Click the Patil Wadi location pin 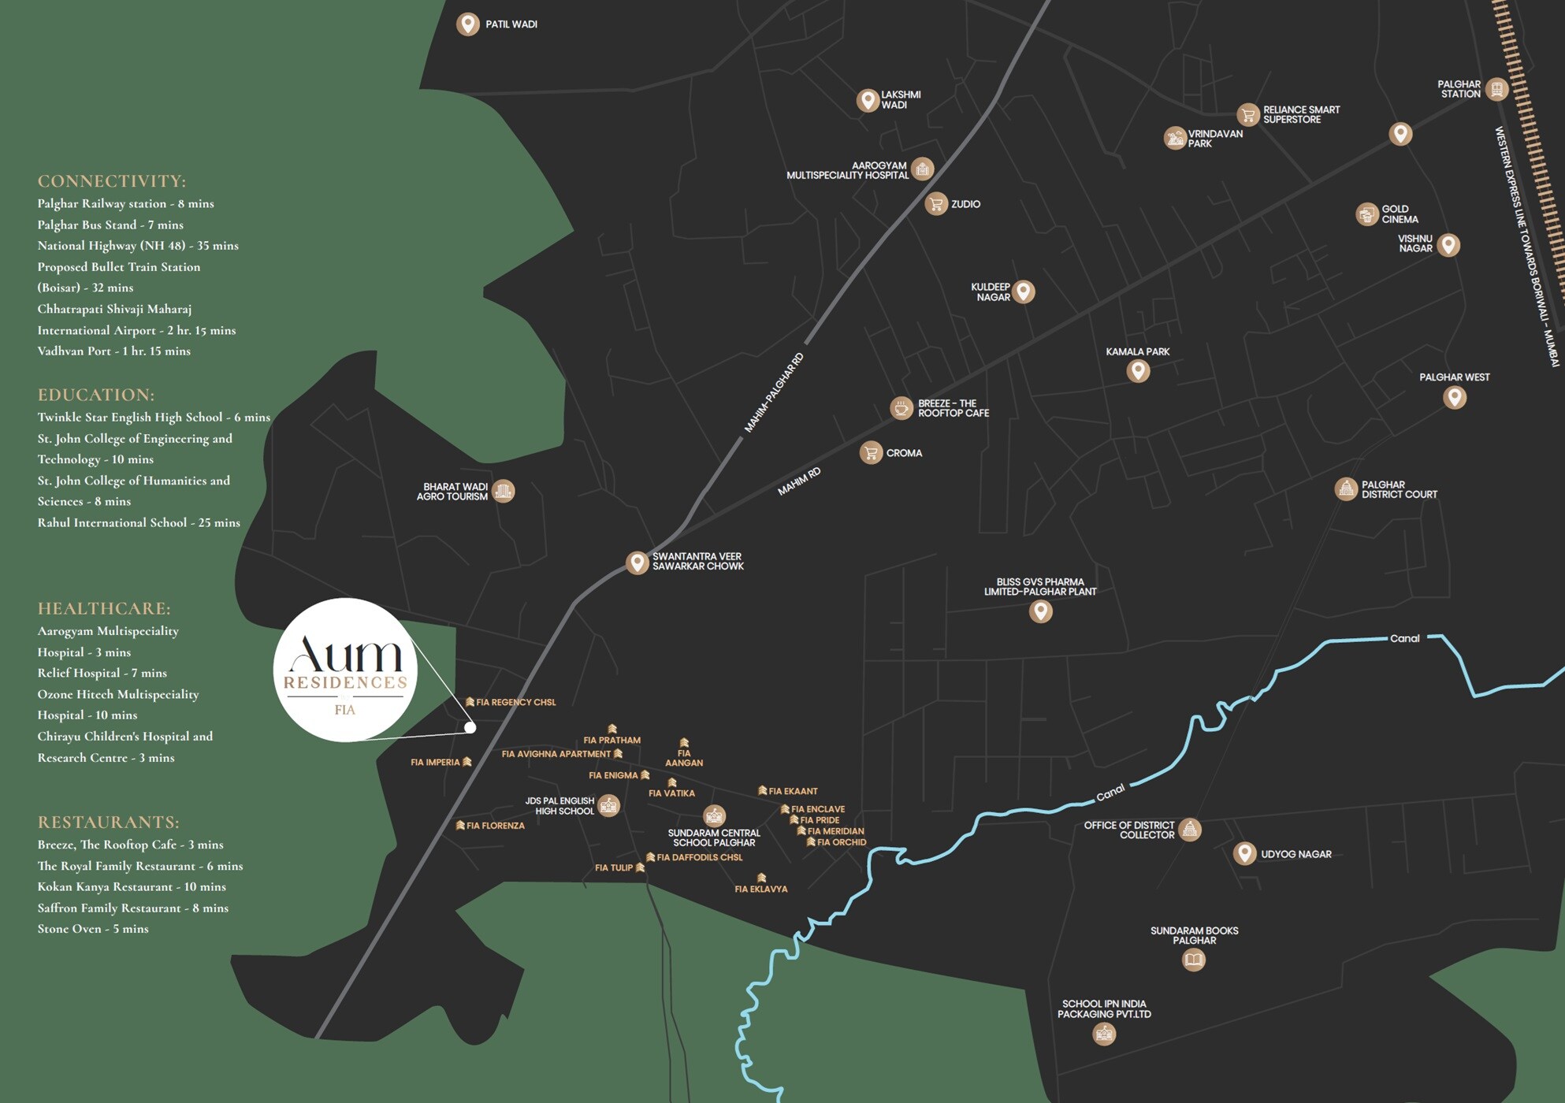tap(468, 24)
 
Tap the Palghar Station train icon tap(1496, 89)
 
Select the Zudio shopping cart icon tap(935, 204)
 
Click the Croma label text tap(904, 453)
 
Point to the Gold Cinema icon tap(1366, 214)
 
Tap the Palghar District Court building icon tap(1346, 489)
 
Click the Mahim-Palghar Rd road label tap(774, 392)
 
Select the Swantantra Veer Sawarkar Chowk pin tap(637, 562)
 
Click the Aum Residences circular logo tap(345, 670)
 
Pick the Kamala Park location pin tap(1137, 370)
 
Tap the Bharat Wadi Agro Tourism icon tap(503, 492)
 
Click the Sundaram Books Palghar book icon tap(1193, 960)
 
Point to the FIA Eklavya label tap(760, 889)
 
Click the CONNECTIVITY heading tap(112, 181)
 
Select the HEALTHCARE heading tap(104, 608)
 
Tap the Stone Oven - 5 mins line tap(93, 929)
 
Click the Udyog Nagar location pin tap(1244, 852)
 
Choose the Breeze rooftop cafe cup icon tap(901, 408)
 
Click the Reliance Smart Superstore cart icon tap(1247, 115)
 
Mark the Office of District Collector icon tap(1189, 830)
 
